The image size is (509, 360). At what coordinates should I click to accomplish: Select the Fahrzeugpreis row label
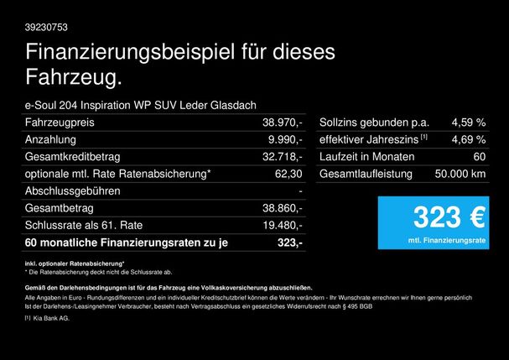60,123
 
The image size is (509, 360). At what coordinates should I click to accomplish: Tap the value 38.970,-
283,123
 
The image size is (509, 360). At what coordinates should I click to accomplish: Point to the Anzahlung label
50,139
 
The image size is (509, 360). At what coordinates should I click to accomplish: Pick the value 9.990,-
286,139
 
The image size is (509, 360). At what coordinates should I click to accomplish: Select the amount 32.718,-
283,157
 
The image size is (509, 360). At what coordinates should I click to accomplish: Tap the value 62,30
288,174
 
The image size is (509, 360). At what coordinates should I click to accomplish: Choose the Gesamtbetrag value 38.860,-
283,208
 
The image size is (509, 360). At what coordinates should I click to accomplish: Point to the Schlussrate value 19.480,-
283,225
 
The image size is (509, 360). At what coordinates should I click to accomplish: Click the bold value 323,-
289,243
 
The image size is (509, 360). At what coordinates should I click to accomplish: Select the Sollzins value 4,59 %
468,123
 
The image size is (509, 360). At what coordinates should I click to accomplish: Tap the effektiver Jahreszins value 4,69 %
468,139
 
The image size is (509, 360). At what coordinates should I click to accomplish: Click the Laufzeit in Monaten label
366,157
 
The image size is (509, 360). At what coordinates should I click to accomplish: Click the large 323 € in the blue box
448,218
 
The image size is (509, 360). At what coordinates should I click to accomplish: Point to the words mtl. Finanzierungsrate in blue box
448,240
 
